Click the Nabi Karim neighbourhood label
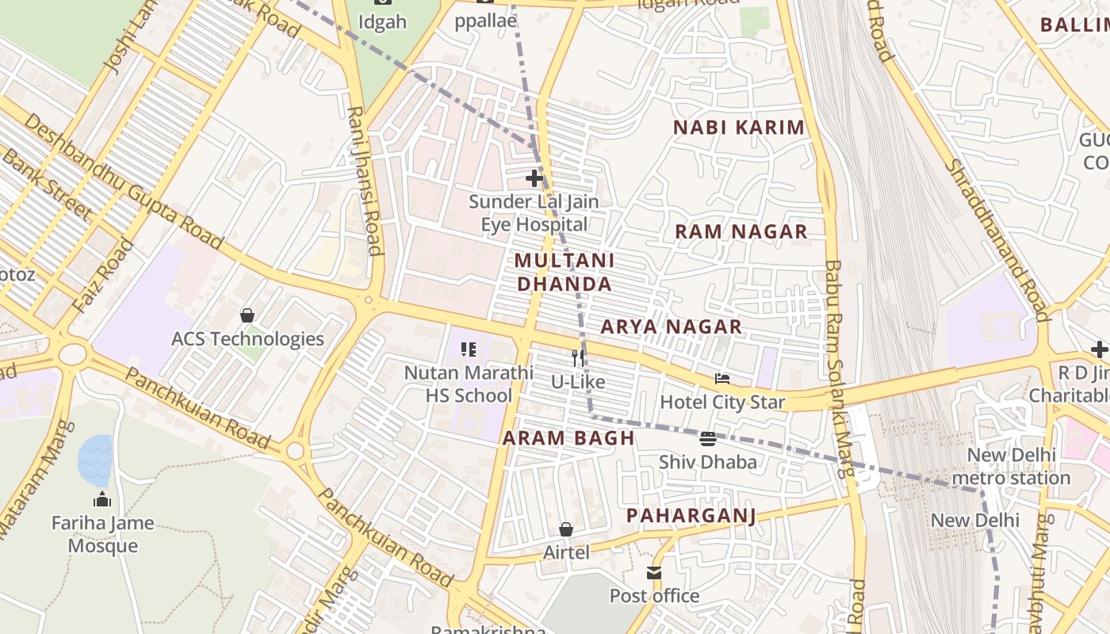pos(738,128)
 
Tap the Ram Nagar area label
pos(741,232)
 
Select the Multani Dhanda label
pos(563,272)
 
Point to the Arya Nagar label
pos(671,327)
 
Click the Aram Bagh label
pos(568,438)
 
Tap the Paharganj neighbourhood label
pos(691,516)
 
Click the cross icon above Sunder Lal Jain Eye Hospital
pos(534,178)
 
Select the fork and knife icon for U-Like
pos(578,358)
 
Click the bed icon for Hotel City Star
pos(721,379)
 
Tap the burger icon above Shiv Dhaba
pos(708,439)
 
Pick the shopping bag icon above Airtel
pos(566,529)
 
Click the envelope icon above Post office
pos(654,572)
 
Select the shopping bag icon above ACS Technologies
pos(247,315)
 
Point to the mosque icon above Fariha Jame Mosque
pos(102,499)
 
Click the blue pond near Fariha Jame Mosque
pos(95,460)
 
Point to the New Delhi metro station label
pos(1011,467)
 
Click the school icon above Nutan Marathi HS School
pos(469,349)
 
